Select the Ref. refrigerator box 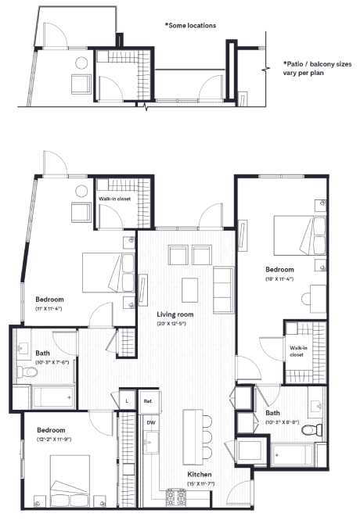148,402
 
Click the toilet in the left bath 26,372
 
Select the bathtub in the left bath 52,397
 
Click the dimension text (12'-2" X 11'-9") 49,440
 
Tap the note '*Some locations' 190,25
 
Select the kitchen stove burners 174,496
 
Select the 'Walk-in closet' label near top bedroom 114,199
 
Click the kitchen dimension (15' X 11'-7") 201,484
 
